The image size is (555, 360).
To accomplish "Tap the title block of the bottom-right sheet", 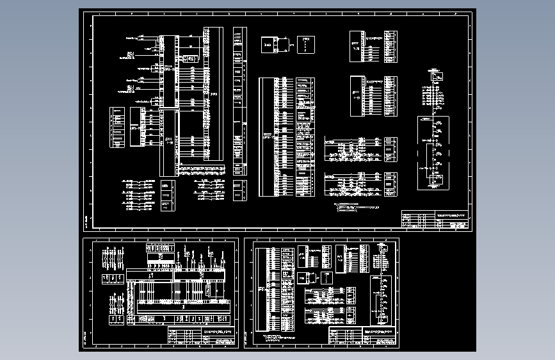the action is coord(362,337).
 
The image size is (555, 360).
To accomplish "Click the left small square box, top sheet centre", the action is coord(267,45).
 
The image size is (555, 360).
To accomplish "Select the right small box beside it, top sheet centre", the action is coord(305,45).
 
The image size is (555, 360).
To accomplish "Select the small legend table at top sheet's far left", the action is coord(117,127).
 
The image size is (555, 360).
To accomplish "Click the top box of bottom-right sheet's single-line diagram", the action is coord(383,249).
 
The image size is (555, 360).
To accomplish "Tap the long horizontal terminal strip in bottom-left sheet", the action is coord(177,275).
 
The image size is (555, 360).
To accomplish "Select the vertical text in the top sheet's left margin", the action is coord(87,222).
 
